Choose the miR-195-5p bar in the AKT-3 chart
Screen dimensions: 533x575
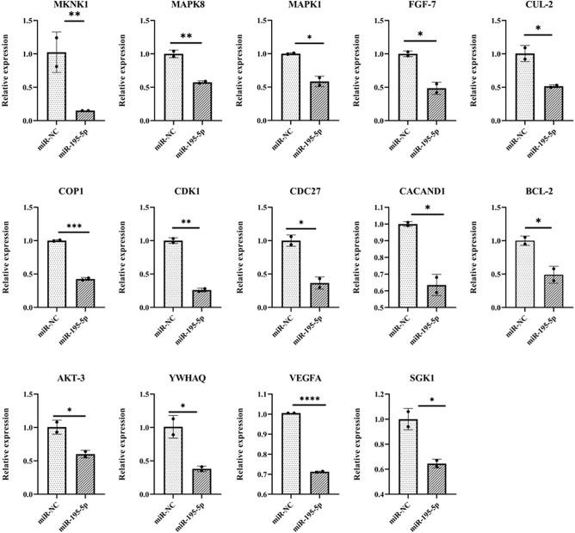point(83,474)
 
